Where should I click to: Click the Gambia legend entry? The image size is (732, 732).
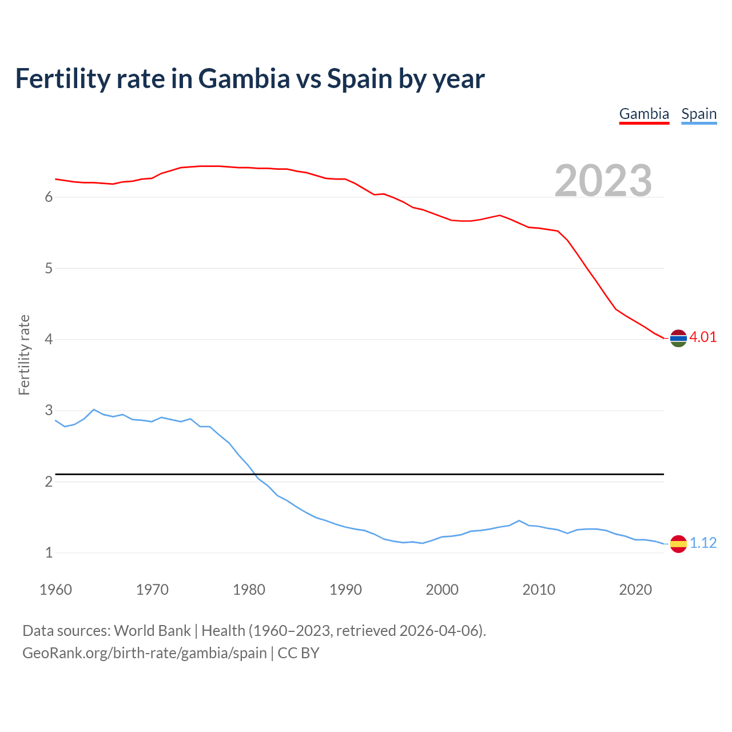point(644,114)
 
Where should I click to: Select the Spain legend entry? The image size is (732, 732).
point(699,114)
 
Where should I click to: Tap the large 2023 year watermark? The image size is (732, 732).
point(603,181)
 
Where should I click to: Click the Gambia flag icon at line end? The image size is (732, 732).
point(678,338)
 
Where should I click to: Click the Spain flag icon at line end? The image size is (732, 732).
point(678,543)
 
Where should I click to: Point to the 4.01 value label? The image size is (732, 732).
point(703,337)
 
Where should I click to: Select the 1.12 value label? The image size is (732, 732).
point(703,543)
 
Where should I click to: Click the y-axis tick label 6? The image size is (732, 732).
point(49,197)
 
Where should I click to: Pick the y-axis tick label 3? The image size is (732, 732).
point(49,411)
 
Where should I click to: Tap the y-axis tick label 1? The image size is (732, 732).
point(49,553)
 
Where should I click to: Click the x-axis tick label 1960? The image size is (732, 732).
point(55,590)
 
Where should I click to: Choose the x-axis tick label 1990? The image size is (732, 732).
point(345,590)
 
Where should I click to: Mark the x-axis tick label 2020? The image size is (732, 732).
point(635,590)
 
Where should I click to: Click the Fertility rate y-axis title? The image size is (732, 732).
point(24,355)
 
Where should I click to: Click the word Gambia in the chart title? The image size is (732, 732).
point(244,78)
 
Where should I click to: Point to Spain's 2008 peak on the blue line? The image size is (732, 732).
point(519,520)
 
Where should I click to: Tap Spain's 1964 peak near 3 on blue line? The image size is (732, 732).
point(94,409)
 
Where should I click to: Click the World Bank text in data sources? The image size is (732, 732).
point(152,631)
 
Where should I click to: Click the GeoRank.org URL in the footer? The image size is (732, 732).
point(145,653)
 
